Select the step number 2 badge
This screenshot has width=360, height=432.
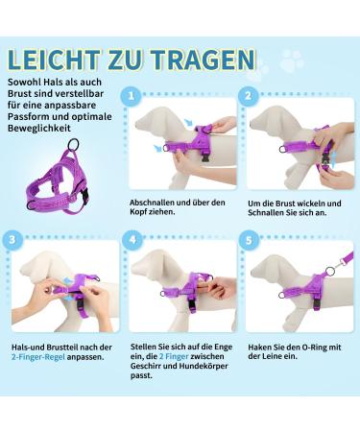(x=248, y=96)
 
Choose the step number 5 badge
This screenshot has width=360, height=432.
(x=248, y=238)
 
